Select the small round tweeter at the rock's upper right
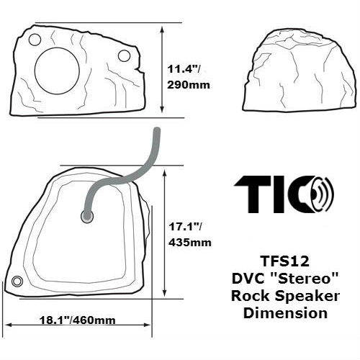click(124, 55)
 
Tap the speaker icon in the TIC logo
click(323, 193)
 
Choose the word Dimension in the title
click(286, 313)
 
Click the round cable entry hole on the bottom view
click(87, 215)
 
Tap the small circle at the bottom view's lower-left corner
click(17, 281)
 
